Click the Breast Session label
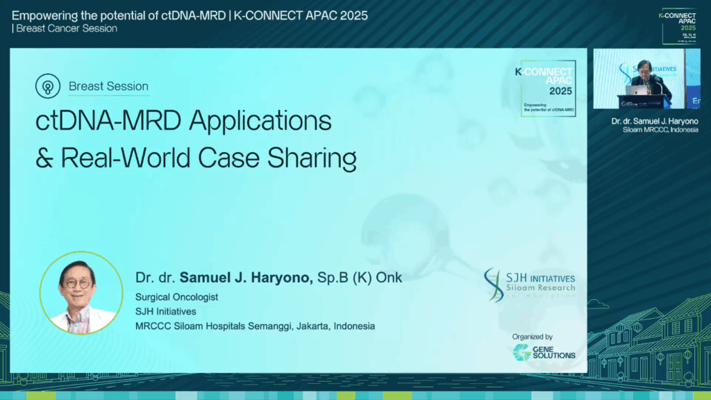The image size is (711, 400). pos(108,87)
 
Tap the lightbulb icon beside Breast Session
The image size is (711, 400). pos(48,87)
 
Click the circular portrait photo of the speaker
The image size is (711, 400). pos(81,292)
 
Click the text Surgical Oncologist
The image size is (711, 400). pos(176,297)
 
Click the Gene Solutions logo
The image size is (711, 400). pos(544,352)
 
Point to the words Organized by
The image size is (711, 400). pos(533,337)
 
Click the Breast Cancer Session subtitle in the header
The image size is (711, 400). pos(67,28)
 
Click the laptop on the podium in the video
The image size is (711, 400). pos(636,90)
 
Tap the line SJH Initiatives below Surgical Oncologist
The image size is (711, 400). pos(165,312)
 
